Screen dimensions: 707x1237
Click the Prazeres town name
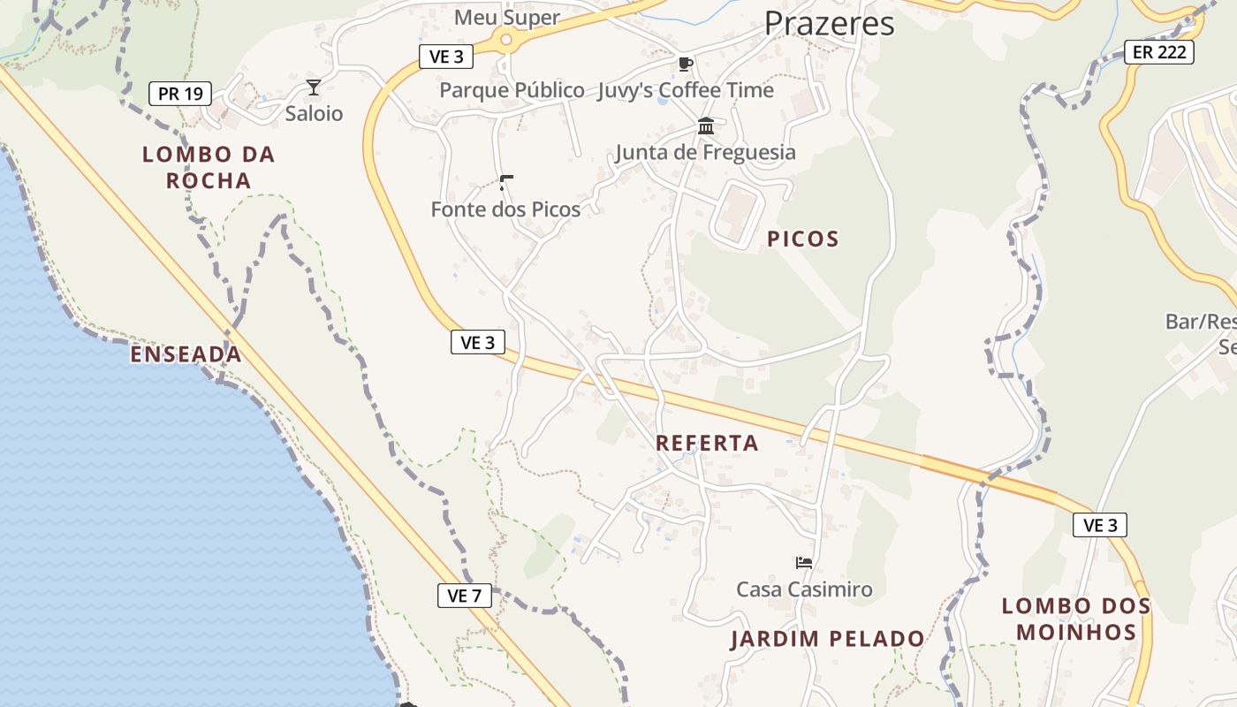click(829, 24)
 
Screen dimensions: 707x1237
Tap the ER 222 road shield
click(1158, 52)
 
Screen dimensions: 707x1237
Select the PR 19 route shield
click(180, 93)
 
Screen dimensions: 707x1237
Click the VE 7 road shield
click(464, 596)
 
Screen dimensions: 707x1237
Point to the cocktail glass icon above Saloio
click(313, 87)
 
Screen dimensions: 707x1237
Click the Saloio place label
click(314, 114)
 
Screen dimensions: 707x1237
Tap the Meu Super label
click(506, 18)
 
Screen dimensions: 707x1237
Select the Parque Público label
click(512, 90)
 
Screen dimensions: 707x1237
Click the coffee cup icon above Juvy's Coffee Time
click(685, 64)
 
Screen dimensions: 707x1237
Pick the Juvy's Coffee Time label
click(685, 90)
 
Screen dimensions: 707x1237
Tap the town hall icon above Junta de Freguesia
click(705, 126)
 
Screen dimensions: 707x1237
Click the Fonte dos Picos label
click(505, 209)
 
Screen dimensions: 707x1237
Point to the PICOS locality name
click(802, 239)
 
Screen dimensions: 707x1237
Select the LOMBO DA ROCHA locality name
click(209, 167)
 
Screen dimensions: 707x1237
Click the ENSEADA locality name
click(186, 354)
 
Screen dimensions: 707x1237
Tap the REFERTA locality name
click(707, 444)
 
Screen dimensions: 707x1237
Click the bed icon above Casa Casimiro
click(803, 562)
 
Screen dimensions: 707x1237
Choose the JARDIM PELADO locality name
click(827, 639)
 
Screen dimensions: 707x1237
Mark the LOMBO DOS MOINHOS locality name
click(1076, 619)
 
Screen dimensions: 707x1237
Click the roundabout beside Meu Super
click(506, 39)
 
